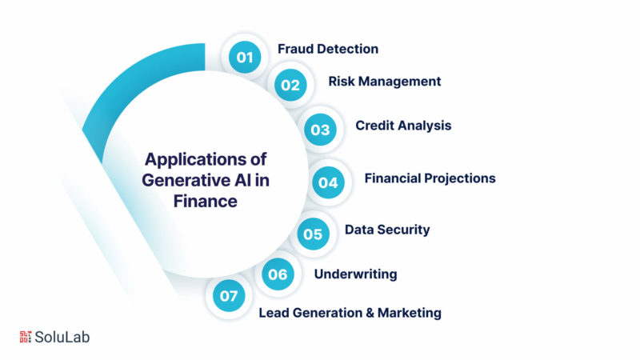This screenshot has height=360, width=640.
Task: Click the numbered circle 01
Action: point(245,57)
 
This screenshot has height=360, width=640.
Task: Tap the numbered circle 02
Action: point(290,85)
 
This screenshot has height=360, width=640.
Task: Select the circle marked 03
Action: point(320,130)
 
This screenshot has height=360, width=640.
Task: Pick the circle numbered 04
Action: point(328,182)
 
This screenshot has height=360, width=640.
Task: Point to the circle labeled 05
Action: point(313,234)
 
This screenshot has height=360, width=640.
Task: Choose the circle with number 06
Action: point(278,274)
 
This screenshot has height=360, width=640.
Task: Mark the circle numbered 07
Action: point(229,295)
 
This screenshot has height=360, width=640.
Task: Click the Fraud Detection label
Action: point(328,49)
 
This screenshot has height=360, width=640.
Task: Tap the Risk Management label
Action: point(385,82)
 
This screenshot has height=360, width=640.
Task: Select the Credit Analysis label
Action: point(403,126)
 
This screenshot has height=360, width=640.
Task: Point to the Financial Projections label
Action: point(430,178)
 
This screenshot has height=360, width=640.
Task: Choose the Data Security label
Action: point(387,230)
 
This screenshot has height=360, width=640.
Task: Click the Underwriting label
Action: point(355,274)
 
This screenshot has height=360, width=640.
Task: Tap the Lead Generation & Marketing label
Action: point(350,313)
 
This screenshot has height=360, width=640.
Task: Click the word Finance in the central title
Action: point(206,202)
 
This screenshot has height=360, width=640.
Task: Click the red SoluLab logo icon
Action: point(26,337)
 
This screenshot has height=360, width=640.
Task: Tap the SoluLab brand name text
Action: point(62,337)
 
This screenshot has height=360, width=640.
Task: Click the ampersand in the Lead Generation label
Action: point(370,313)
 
